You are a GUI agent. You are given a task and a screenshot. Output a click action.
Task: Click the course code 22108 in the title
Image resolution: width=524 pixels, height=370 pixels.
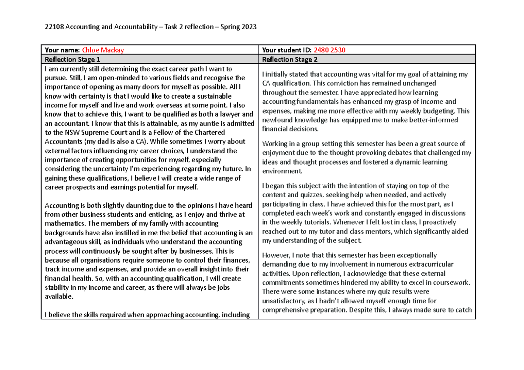point(54,27)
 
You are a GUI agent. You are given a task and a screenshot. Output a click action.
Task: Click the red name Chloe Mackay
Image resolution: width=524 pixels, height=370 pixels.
point(106,50)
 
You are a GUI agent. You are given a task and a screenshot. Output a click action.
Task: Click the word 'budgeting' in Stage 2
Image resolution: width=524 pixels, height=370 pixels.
point(438,111)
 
